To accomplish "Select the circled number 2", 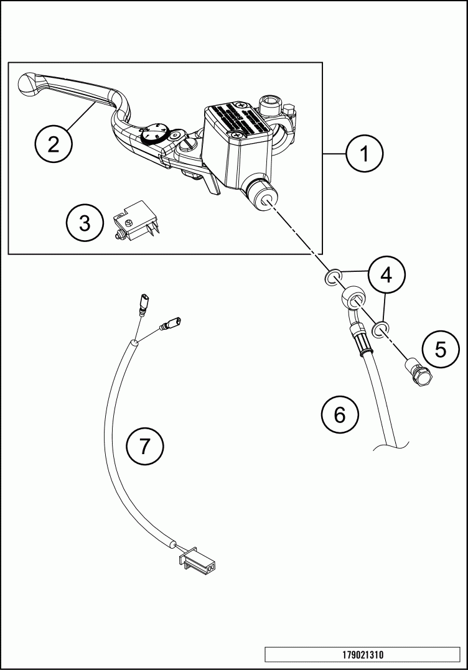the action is [54, 144].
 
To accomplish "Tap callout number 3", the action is [85, 223].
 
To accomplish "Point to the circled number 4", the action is [386, 274].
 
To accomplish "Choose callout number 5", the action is [441, 350].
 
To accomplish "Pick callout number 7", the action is [144, 446].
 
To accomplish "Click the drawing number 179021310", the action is [362, 655].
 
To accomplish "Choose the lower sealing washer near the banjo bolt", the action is [380, 327].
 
